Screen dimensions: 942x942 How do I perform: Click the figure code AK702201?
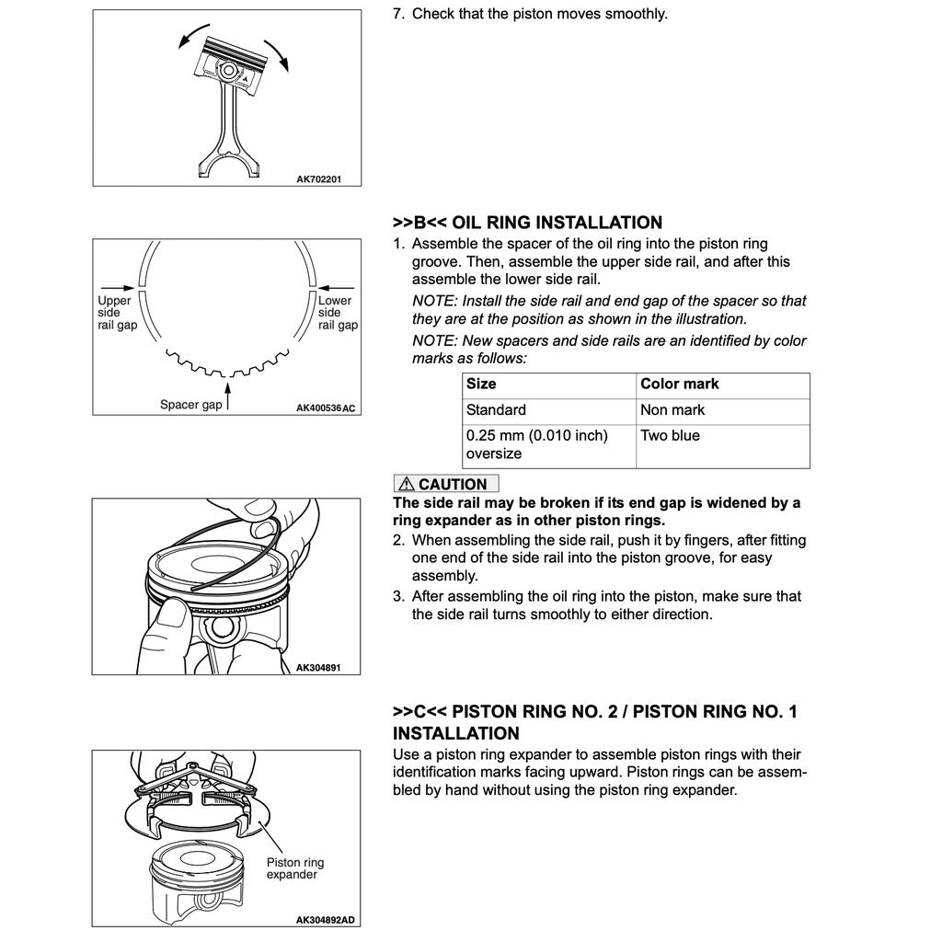319,179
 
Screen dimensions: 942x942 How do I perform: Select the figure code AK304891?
319,666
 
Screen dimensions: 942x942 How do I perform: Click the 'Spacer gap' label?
190,405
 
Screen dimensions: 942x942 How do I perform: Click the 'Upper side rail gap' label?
117,313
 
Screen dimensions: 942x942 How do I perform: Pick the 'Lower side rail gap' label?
337,313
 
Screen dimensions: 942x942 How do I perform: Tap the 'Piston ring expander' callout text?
295,868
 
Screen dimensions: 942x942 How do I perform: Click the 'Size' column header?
481,384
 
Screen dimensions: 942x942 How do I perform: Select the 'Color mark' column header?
680,384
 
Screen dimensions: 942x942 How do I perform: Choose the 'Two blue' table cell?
670,435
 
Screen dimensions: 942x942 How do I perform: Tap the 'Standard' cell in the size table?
497,409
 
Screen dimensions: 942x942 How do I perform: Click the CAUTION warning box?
445,484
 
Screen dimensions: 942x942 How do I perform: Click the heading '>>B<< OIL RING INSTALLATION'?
527,223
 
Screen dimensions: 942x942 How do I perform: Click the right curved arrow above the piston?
277,53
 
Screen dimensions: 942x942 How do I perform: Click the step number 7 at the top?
398,14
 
